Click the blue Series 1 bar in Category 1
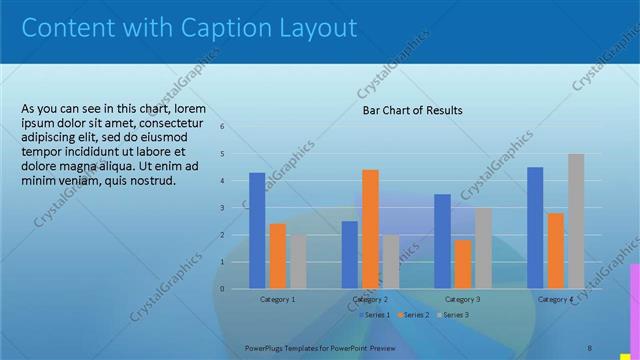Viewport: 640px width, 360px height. click(257, 230)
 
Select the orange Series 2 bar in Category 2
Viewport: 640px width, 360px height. click(370, 229)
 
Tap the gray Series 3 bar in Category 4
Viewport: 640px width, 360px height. click(576, 221)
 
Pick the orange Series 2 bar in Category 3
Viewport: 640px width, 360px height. click(463, 264)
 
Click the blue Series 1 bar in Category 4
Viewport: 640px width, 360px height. click(535, 228)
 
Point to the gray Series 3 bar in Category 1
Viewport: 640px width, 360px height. click(298, 262)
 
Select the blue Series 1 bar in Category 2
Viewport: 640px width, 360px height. click(349, 255)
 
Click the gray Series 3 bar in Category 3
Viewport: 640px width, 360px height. click(483, 248)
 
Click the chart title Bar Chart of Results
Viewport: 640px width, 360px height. click(412, 110)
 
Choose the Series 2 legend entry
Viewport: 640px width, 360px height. click(413, 315)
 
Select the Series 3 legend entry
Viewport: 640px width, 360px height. click(452, 315)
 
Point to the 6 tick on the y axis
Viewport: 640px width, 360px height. click(222, 127)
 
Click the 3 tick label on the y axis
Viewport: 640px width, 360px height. click(222, 208)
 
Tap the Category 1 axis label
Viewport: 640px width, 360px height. click(278, 299)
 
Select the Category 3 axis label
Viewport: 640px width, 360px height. click(463, 299)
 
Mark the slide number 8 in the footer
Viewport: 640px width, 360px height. click(589, 348)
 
